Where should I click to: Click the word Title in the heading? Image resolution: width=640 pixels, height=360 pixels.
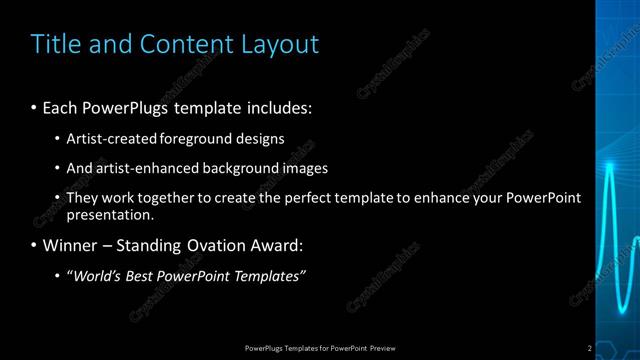coord(55,44)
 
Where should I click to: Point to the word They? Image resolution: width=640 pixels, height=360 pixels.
coord(83,198)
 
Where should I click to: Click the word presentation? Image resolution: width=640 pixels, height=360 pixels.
coord(109,214)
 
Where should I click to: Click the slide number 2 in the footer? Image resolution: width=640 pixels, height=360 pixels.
coord(590,348)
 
